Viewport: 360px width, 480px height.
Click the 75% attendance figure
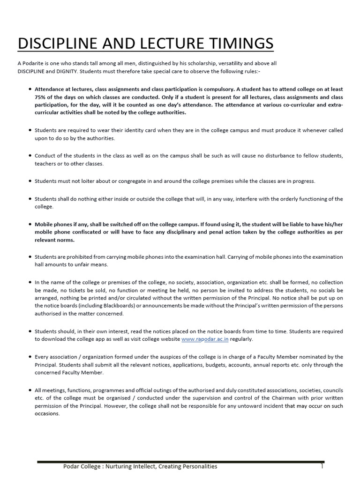(x=41, y=97)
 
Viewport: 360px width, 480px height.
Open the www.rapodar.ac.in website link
(x=205, y=339)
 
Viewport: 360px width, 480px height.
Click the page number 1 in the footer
(x=322, y=466)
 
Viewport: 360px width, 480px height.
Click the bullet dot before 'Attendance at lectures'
(x=30, y=89)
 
